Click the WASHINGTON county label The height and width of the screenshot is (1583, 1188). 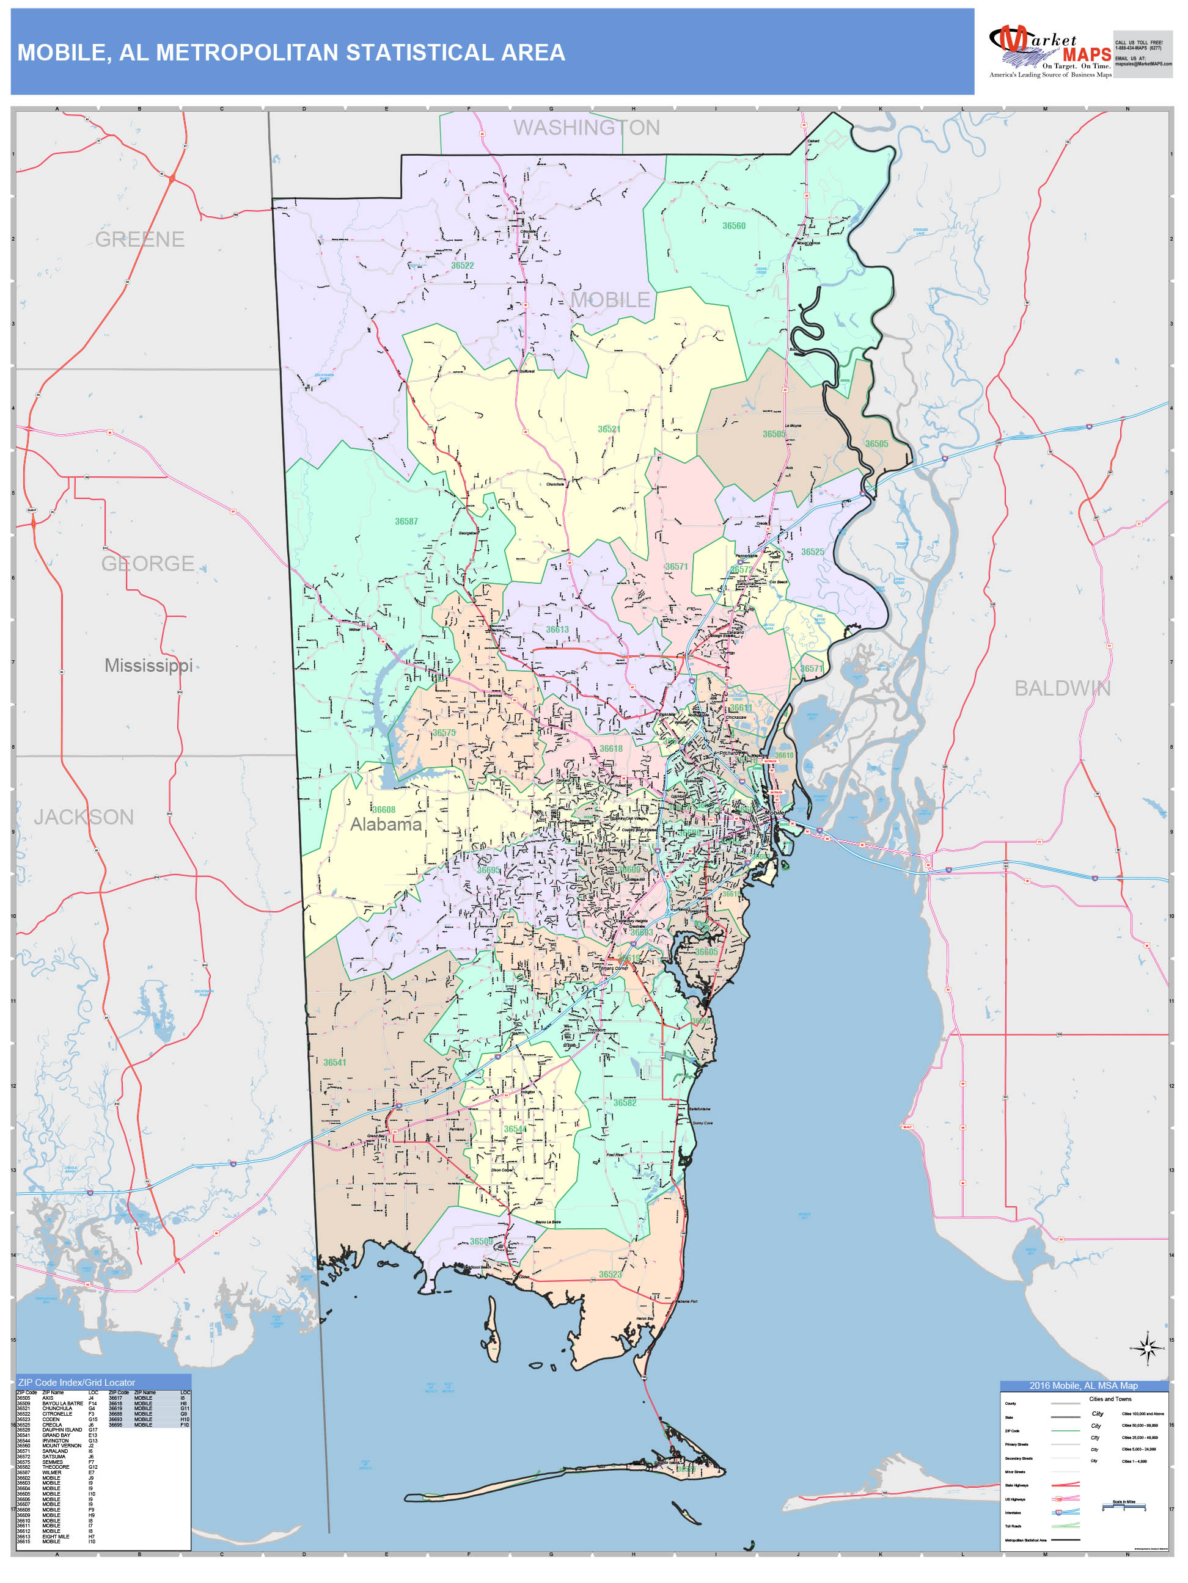coord(586,128)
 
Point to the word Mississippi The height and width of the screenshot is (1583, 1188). coord(148,665)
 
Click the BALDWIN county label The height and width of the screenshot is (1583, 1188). coord(1062,688)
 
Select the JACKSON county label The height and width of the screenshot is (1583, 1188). coord(84,817)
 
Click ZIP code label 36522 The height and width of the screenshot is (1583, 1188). coord(462,266)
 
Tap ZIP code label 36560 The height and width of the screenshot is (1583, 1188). coord(733,226)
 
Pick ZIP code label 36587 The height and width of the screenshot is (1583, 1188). coord(406,522)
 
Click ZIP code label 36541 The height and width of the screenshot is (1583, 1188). coord(334,1063)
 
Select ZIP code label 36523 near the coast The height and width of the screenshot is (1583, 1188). coord(610,1275)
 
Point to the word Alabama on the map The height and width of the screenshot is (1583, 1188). coord(385,824)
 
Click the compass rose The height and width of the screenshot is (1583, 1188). coord(1147,1348)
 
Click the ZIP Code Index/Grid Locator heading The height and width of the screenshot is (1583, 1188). coord(76,1382)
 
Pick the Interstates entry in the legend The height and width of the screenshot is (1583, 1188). coord(1013,1513)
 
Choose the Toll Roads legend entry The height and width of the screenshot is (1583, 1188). coord(1013,1526)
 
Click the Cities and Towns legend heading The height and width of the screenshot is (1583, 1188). coord(1110,1399)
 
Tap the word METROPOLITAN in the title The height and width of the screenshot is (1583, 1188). coord(246,53)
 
